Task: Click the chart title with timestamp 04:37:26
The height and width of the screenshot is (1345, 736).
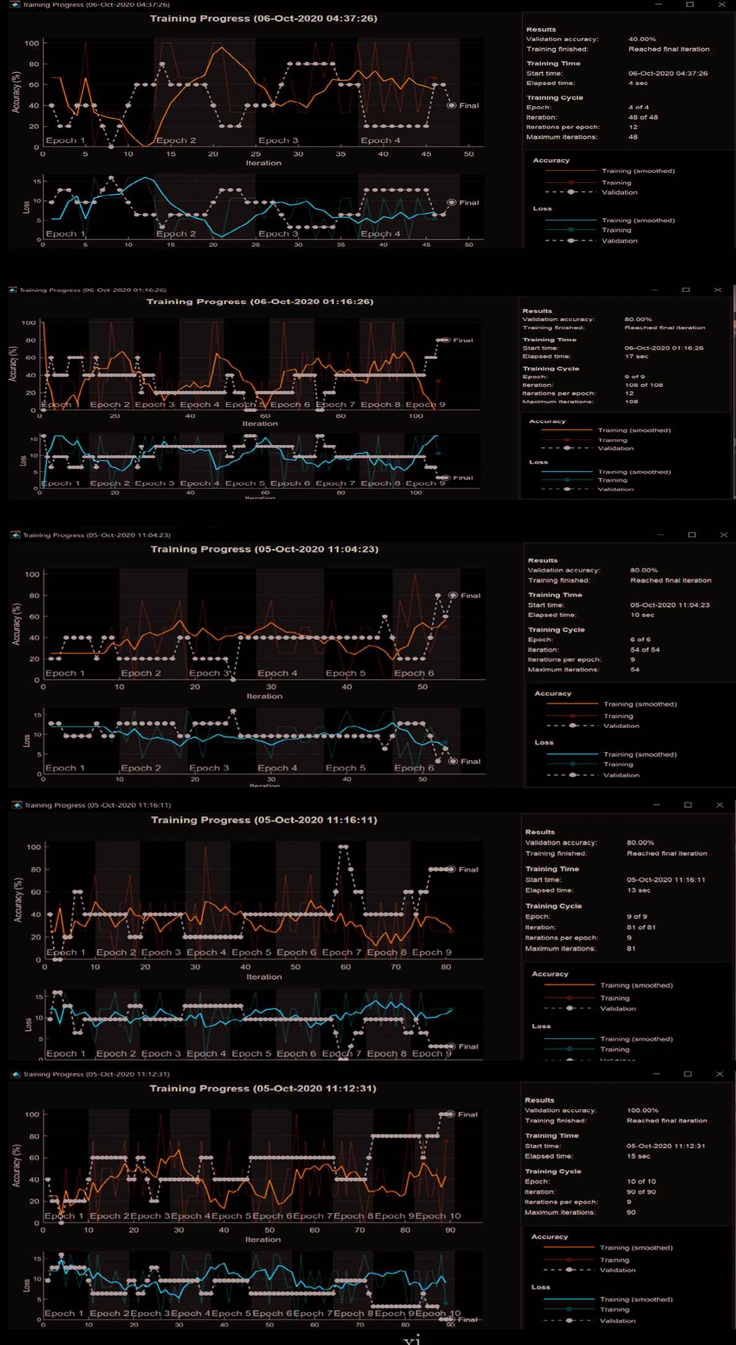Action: [x=263, y=19]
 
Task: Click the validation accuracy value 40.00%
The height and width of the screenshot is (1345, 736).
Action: [x=642, y=39]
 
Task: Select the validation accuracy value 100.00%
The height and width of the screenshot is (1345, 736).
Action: [x=642, y=1110]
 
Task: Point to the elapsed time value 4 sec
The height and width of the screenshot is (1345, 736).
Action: [x=637, y=83]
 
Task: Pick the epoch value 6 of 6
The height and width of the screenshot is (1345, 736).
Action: [x=640, y=639]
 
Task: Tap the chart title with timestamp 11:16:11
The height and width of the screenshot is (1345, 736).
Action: [x=264, y=820]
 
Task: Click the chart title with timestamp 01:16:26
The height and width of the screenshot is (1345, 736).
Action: [x=260, y=302]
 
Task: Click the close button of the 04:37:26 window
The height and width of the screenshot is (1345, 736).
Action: [x=722, y=4]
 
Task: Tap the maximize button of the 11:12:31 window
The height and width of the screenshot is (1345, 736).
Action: [x=687, y=1074]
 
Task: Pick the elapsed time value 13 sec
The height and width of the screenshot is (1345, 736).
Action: [x=638, y=890]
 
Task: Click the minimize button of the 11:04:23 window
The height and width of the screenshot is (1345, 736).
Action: [x=660, y=535]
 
